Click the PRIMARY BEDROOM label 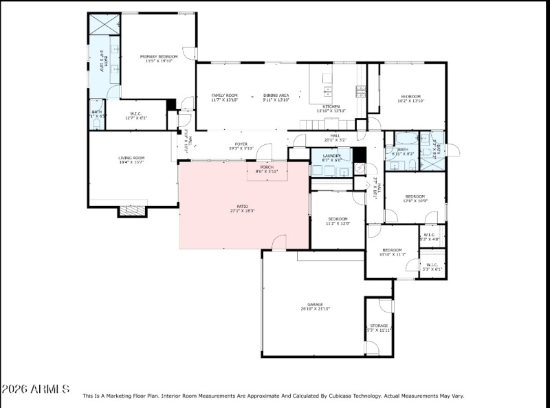(159, 56)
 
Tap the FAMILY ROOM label (224, 95)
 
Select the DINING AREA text (276, 95)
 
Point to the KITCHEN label (331, 106)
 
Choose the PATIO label (244, 207)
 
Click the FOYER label (241, 144)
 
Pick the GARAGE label (315, 304)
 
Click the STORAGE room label (379, 326)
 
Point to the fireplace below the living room (133, 210)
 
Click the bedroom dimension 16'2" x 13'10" (411, 101)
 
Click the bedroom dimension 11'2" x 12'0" (338, 223)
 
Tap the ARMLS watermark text (36, 389)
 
